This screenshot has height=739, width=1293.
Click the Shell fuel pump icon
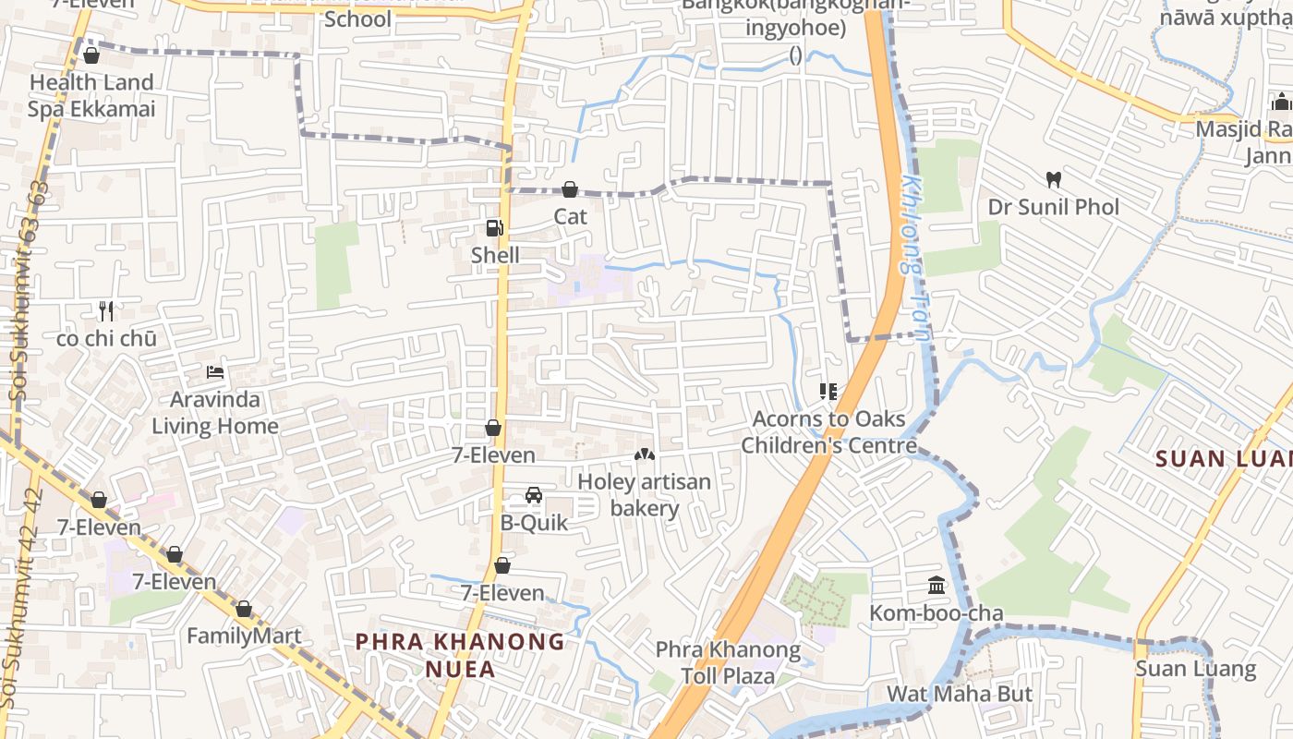(495, 227)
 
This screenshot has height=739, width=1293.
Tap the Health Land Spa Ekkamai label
(91, 96)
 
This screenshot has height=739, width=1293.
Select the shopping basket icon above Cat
(570, 189)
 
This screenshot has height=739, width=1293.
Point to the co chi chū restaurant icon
(106, 311)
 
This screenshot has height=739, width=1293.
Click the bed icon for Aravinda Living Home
(215, 372)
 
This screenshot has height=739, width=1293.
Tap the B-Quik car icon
(534, 495)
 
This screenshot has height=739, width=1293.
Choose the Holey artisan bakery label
(645, 495)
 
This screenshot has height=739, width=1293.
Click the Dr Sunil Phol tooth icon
(1053, 179)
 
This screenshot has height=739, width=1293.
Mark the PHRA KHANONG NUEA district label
(460, 654)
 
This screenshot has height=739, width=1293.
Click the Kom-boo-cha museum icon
(937, 586)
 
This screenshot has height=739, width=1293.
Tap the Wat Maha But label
(960, 694)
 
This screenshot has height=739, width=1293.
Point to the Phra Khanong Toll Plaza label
(729, 662)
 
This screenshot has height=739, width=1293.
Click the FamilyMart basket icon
(244, 610)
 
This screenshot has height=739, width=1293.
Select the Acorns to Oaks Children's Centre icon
(828, 392)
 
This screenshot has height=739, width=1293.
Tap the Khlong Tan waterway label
(912, 259)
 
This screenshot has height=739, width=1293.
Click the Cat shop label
(570, 216)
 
